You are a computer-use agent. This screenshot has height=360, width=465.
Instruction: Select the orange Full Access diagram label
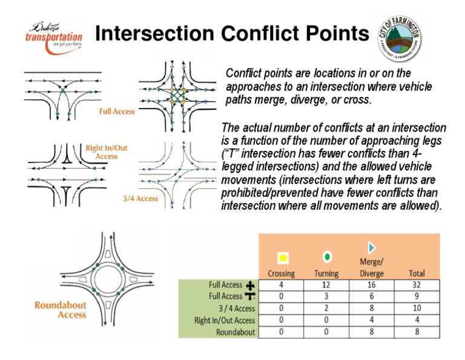click(x=117, y=112)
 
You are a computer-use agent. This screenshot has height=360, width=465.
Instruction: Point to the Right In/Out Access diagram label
click(x=107, y=152)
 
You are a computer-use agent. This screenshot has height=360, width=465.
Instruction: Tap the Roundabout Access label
click(x=60, y=310)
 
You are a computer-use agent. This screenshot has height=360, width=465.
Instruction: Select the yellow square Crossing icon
click(x=282, y=258)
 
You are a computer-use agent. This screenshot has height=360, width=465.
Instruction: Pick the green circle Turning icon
click(x=327, y=257)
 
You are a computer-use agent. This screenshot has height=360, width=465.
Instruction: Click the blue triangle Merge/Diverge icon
click(x=372, y=247)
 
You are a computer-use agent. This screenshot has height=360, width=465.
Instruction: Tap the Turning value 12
click(x=327, y=285)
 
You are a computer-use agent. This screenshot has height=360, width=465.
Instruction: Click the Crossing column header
click(x=282, y=273)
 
